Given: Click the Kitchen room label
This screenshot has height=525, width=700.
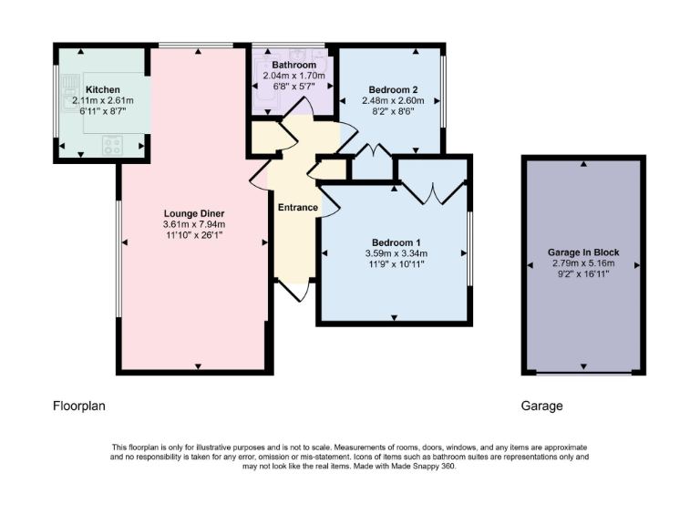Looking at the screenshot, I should click(x=103, y=88).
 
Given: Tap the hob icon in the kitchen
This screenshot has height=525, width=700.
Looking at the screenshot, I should click(x=114, y=143).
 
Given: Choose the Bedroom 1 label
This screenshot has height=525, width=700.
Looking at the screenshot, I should click(x=396, y=241).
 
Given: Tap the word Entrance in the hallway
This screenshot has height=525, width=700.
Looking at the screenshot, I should click(x=298, y=208).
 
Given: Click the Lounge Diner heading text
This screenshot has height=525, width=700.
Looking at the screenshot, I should click(x=193, y=212).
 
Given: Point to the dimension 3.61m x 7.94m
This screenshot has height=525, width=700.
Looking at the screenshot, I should click(x=193, y=224).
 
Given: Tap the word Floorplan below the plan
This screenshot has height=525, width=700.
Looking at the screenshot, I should click(x=79, y=406).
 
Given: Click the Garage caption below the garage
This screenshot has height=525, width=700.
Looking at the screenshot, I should click(x=541, y=406).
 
